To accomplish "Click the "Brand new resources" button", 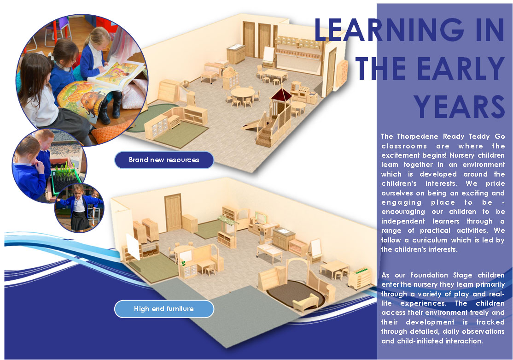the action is (x=164, y=160).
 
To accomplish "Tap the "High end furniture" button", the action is (x=164, y=309).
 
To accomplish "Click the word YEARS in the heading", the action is (x=459, y=107).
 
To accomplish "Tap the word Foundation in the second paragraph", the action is (x=429, y=275).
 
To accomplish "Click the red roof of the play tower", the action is (x=281, y=94).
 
